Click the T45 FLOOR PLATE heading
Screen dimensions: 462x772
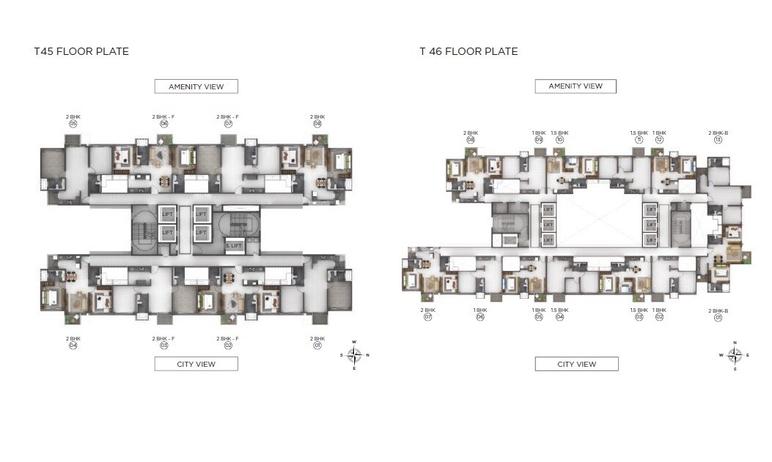point(81,51)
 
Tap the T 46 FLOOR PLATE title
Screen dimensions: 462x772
point(468,51)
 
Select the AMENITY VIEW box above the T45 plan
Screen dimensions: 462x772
point(196,86)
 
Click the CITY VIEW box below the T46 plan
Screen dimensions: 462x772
point(576,364)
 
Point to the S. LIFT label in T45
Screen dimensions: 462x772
point(235,245)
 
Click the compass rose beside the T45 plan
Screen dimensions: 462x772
point(354,355)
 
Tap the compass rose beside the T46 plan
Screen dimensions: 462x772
point(735,355)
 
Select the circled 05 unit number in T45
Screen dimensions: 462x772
point(73,124)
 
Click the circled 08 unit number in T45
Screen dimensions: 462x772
point(317,124)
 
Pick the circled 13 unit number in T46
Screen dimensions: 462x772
point(718,139)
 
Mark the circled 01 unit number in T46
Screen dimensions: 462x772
point(718,318)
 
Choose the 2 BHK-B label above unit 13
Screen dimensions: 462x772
point(718,133)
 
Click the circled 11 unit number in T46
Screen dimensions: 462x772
point(639,139)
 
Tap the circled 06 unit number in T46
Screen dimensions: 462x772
point(480,318)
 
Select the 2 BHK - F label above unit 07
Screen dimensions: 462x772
point(227,117)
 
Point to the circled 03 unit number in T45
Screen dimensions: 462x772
point(164,345)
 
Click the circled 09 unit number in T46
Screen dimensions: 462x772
point(539,139)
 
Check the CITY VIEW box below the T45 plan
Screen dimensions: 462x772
point(196,364)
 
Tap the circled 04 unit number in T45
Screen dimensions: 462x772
point(73,345)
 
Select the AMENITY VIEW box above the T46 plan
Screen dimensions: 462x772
point(576,86)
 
